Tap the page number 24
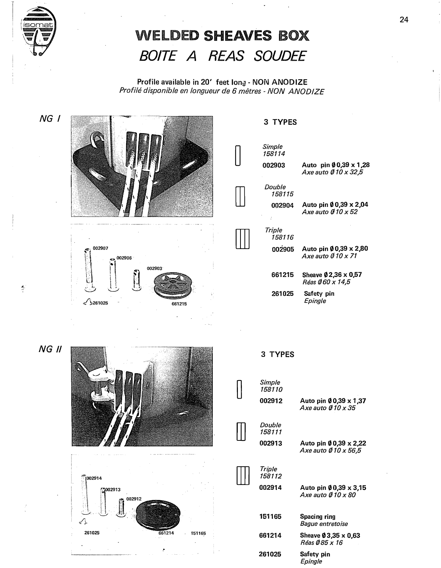coord(404,20)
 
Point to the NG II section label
coord(50,349)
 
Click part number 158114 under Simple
coord(274,154)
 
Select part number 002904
coord(282,205)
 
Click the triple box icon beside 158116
coord(243,239)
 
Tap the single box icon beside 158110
coord(239,389)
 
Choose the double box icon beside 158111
coord(241,432)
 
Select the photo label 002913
coord(112,490)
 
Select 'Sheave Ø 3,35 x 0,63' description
coord(330,535)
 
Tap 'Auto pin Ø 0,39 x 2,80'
coord(335,249)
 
